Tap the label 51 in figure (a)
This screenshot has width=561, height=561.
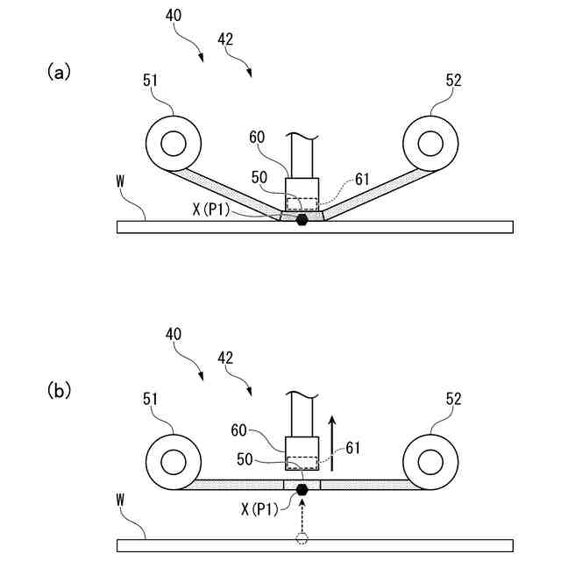[x=150, y=81]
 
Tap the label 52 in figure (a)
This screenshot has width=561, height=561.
[x=453, y=81]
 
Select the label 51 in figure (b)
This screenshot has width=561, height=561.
[x=150, y=400]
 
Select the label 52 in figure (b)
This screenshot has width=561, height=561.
[x=453, y=400]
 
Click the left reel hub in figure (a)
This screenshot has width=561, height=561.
[x=173, y=142]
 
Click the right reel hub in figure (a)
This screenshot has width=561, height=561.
[x=430, y=142]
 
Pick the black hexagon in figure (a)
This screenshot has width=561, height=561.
[x=302, y=219]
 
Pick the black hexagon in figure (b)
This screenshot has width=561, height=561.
[x=302, y=489]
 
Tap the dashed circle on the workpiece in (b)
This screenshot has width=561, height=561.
[x=302, y=537]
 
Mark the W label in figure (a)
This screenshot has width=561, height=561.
[x=123, y=181]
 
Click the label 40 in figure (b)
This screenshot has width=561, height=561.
[x=173, y=334]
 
